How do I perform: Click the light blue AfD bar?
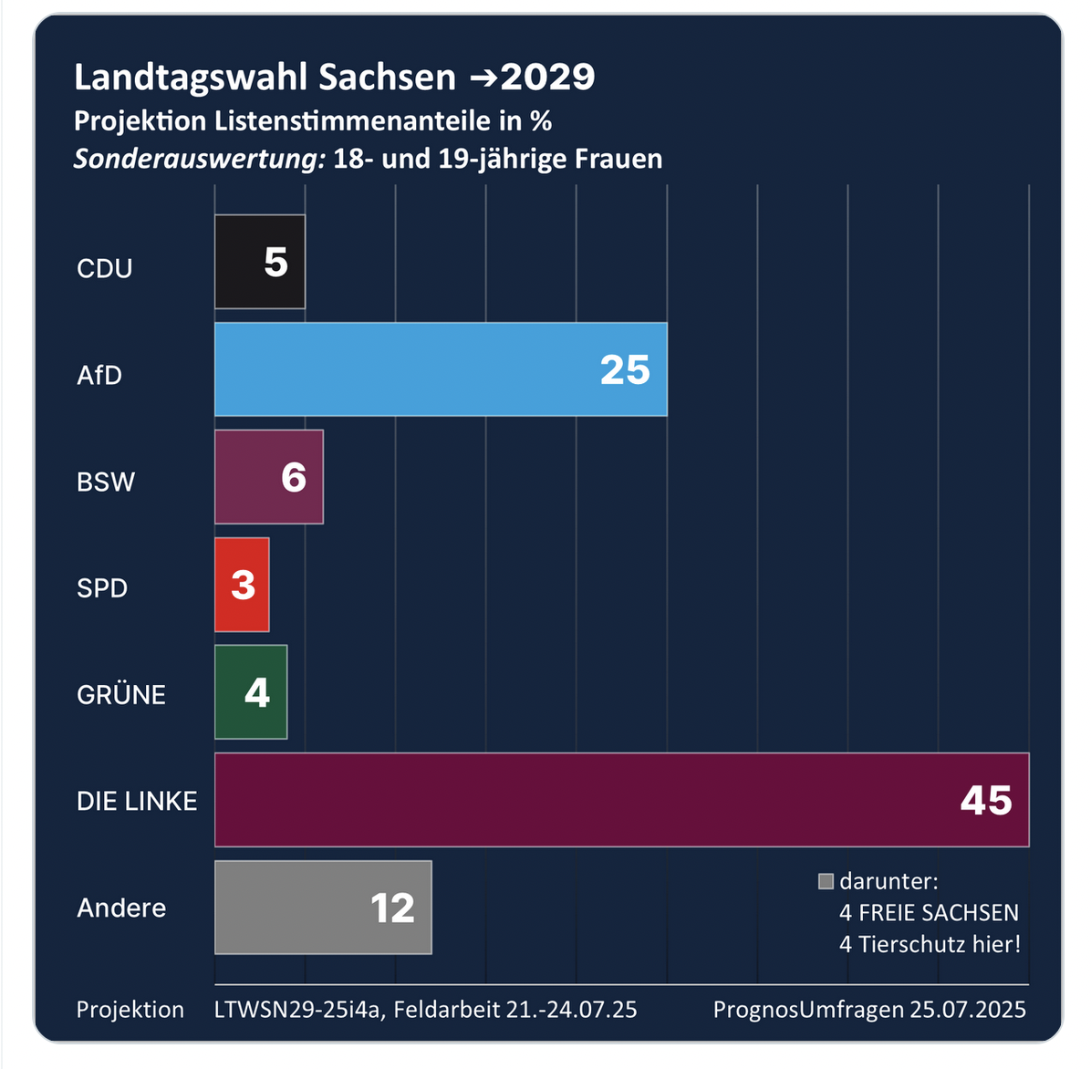pos(441,369)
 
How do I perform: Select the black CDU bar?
pos(260,262)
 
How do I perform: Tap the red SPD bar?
pos(242,585)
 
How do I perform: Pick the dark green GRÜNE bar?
pos(251,692)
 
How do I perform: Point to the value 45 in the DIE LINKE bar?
pos(986,801)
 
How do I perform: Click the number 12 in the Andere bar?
pos(392,908)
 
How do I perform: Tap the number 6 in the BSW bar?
pos(294,478)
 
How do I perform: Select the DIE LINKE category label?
pos(137,802)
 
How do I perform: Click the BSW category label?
pos(106,482)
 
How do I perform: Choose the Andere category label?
pos(121,908)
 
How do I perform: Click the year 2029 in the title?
pos(547,78)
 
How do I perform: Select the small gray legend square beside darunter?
pos(826,881)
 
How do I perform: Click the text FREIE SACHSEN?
pos(939,913)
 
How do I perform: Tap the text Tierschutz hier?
pos(940,944)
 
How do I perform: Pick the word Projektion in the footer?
pos(130,1010)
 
